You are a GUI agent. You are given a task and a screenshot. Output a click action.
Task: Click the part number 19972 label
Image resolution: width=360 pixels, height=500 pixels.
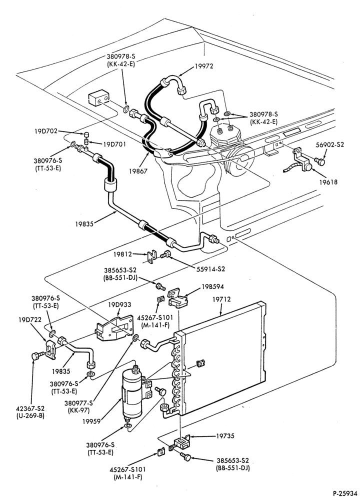point(204,66)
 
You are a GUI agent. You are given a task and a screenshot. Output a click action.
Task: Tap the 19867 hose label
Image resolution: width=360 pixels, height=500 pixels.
point(138,171)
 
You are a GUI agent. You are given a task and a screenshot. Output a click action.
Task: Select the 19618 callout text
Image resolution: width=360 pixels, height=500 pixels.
point(328,182)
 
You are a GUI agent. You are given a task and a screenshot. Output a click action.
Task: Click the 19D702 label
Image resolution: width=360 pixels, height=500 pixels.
point(46,131)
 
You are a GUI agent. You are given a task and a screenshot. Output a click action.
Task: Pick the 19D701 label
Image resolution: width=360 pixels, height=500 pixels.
point(114,144)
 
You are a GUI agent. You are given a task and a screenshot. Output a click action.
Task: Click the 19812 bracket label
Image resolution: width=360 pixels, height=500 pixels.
point(123,254)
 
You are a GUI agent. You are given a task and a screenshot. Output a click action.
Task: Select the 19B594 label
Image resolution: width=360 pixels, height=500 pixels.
point(212,286)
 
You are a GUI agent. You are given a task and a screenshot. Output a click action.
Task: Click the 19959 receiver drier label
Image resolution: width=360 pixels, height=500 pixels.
point(91,421)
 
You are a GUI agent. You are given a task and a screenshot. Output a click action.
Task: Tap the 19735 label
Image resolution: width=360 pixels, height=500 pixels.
point(225,435)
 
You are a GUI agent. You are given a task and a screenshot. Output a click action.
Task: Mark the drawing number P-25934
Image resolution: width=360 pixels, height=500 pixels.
point(345,493)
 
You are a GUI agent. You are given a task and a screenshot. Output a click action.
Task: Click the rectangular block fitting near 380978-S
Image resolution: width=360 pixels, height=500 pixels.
point(99,97)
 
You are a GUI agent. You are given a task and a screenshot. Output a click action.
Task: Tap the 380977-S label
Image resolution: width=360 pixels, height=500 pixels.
point(78,402)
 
